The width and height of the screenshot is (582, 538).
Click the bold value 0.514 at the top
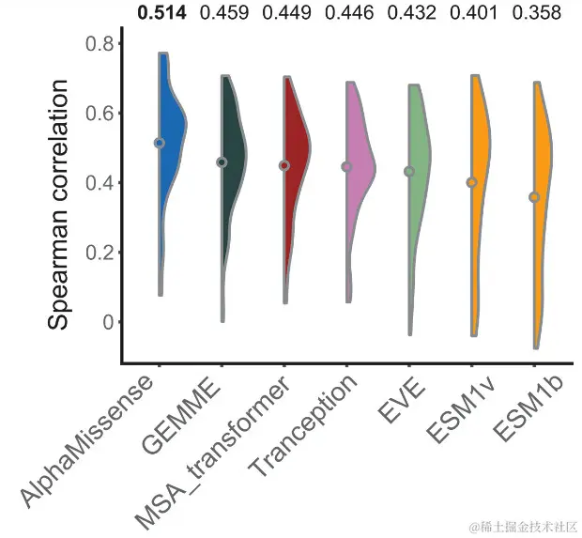point(162,13)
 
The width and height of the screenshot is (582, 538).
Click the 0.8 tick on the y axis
point(100,43)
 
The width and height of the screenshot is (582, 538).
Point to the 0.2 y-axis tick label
point(100,253)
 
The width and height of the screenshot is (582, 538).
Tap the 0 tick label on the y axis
point(106,322)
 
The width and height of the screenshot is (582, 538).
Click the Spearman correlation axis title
point(60,205)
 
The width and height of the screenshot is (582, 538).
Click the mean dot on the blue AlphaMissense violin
point(160,143)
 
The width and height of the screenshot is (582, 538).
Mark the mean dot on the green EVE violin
point(409,172)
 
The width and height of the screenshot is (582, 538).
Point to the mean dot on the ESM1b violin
point(534,197)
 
